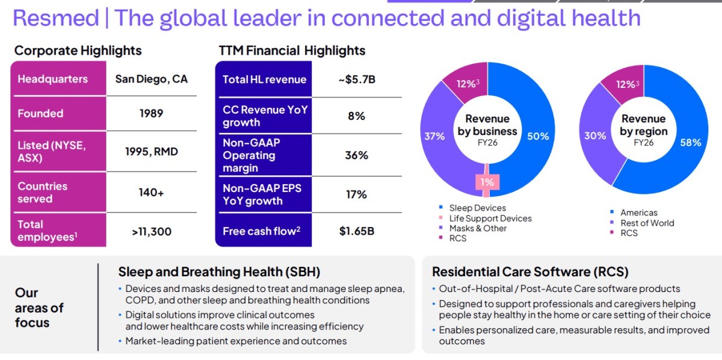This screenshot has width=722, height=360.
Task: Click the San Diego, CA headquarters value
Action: click(x=151, y=79)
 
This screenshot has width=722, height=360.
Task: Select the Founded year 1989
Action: click(x=151, y=113)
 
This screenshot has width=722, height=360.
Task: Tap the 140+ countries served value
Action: click(x=151, y=193)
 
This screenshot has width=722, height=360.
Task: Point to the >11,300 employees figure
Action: click(x=152, y=232)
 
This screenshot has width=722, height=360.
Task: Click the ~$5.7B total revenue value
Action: click(x=357, y=79)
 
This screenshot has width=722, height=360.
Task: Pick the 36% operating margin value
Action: click(x=356, y=155)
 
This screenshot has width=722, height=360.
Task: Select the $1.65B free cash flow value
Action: click(x=356, y=231)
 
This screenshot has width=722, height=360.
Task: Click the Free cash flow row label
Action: click(x=261, y=231)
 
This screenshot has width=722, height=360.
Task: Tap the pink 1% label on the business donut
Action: click(x=487, y=182)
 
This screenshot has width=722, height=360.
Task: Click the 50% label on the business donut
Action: click(x=538, y=136)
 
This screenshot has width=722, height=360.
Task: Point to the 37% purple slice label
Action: click(x=434, y=136)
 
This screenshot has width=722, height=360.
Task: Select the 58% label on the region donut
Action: click(x=691, y=143)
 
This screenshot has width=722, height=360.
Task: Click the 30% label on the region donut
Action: click(x=595, y=135)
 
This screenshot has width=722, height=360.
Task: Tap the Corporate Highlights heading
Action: click(x=78, y=51)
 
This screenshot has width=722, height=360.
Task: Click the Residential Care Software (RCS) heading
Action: click(x=530, y=272)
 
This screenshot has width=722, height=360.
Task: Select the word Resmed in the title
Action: click(x=56, y=17)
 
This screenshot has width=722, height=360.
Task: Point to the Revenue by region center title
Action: click(x=644, y=125)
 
